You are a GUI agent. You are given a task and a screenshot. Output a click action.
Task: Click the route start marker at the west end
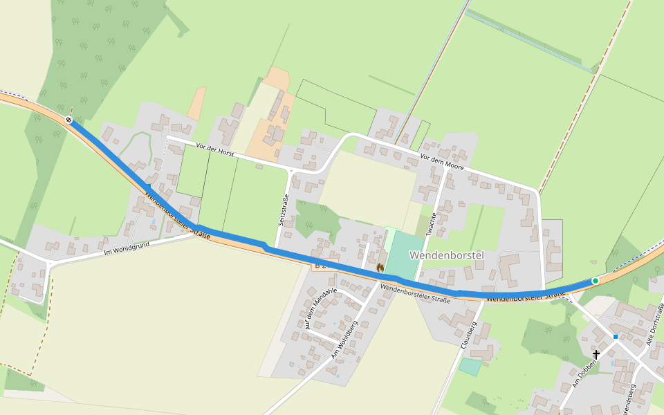[x=68, y=120]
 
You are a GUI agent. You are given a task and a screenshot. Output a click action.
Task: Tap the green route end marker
[x=596, y=280]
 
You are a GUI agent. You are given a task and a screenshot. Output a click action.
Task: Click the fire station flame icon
[x=380, y=266]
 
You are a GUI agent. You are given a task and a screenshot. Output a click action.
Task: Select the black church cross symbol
[x=596, y=354]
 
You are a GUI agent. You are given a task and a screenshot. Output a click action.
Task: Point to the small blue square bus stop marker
[x=615, y=337]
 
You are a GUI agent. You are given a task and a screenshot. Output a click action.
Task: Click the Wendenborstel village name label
[x=446, y=255]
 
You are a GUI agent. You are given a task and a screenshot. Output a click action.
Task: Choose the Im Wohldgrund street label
[x=126, y=246]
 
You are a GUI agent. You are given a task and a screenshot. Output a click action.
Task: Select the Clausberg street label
[x=469, y=334]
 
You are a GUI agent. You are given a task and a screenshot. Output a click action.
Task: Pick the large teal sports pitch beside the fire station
[x=405, y=256]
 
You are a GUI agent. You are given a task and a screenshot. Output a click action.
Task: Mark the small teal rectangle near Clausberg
[x=470, y=367]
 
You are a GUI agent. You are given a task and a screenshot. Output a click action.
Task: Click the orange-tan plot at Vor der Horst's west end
[x=196, y=104]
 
